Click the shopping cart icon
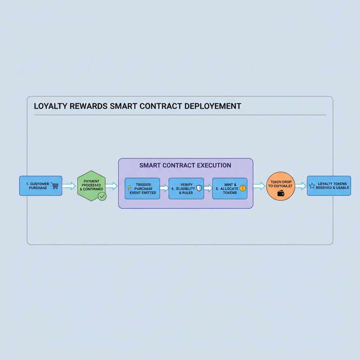(x=54, y=186)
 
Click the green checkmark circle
(x=102, y=196)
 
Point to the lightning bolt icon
(x=129, y=188)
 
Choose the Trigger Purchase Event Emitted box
(x=142, y=188)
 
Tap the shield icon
(x=199, y=188)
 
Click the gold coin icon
(x=243, y=188)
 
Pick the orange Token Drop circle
(x=280, y=186)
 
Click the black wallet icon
(x=281, y=193)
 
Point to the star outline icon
(x=312, y=186)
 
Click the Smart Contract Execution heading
(x=185, y=165)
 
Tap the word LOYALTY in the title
(x=48, y=106)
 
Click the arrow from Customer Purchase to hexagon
(x=69, y=186)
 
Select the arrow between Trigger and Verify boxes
(x=164, y=188)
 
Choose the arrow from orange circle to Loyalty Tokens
(x=300, y=186)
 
